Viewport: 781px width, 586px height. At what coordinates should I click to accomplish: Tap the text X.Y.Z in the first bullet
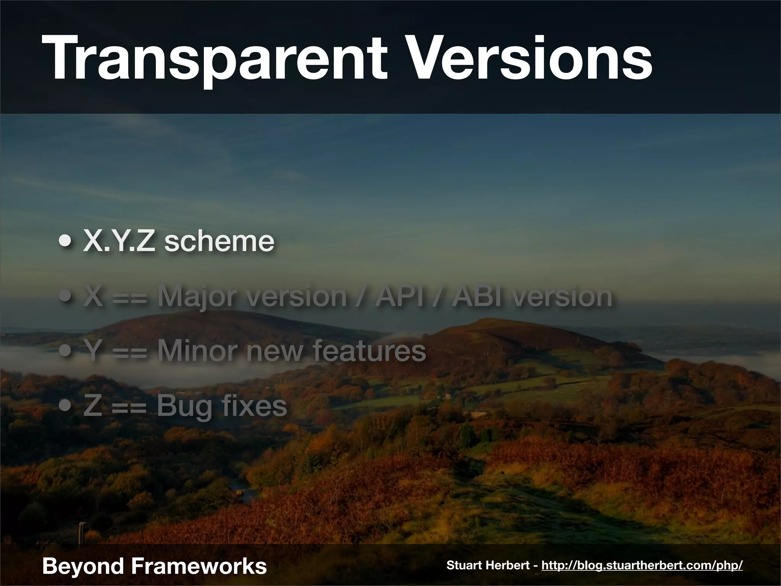pos(119,241)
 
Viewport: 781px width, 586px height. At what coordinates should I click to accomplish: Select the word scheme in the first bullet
pos(219,241)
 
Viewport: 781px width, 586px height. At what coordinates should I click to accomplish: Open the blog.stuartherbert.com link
pos(642,565)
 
